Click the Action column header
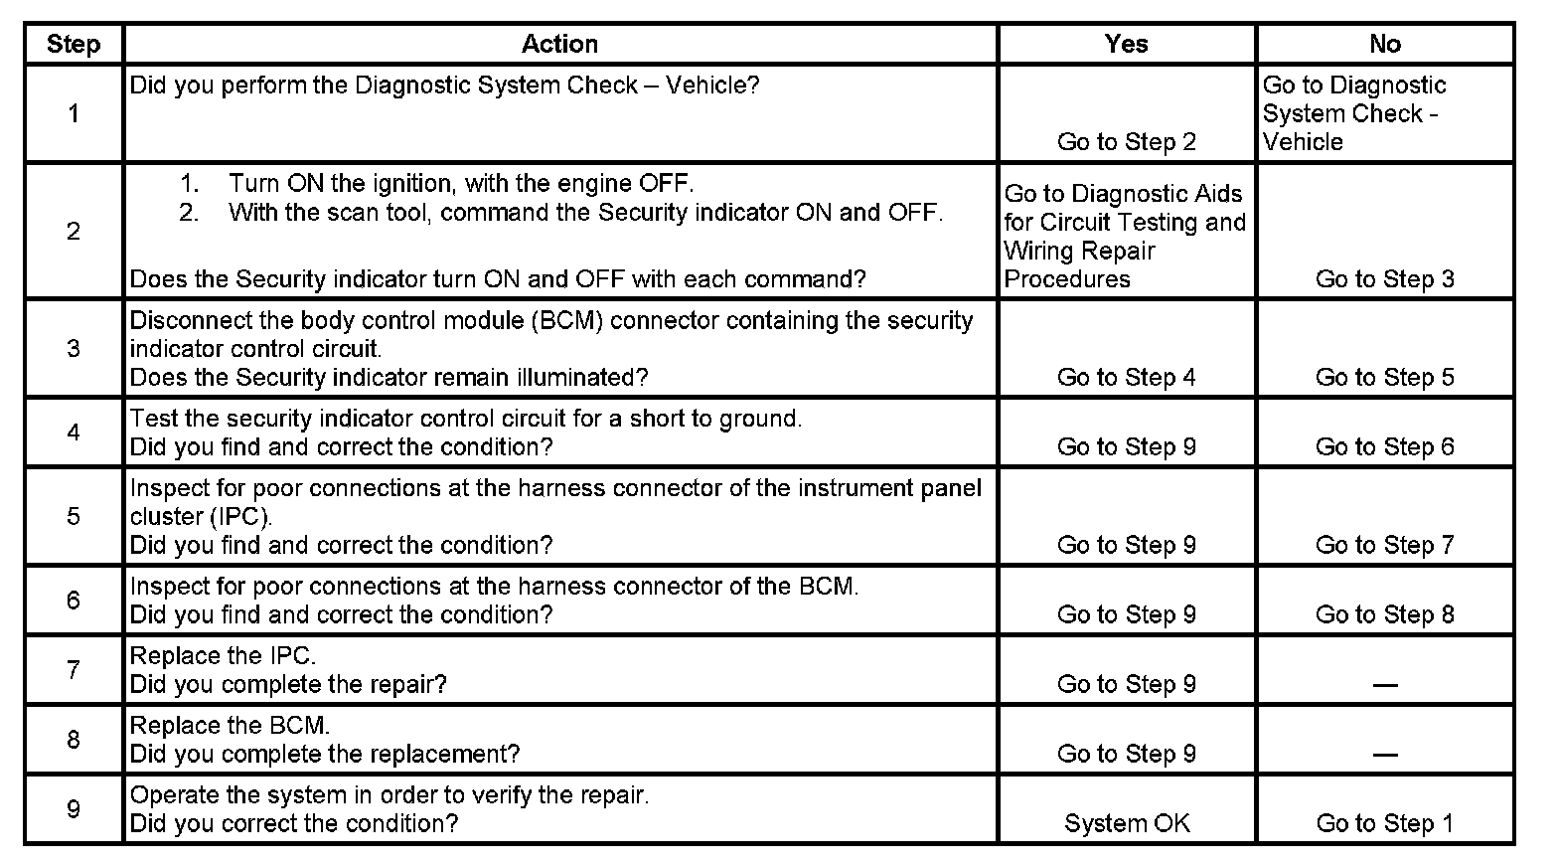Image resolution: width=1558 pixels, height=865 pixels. (559, 44)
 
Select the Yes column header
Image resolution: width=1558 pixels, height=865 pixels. (1126, 44)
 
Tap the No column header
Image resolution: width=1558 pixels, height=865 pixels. (1384, 44)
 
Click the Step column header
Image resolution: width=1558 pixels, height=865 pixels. (74, 44)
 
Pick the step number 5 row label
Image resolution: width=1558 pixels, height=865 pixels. (74, 516)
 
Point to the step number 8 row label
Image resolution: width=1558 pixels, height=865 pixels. (74, 739)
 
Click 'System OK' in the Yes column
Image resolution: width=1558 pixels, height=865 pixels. (1127, 823)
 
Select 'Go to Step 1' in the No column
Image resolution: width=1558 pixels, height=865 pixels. (1384, 823)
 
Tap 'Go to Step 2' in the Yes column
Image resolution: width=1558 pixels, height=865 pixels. (1127, 142)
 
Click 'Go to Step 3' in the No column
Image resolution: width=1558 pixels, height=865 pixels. (1384, 279)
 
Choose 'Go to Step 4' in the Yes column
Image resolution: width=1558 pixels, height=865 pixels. (1127, 378)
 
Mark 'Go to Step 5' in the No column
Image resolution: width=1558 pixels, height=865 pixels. (1384, 378)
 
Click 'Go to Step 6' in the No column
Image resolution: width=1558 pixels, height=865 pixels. (1384, 447)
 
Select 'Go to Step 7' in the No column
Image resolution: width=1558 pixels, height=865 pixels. (1384, 545)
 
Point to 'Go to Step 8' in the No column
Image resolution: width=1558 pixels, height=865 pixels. (1384, 614)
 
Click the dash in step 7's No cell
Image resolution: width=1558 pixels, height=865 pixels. (1384, 685)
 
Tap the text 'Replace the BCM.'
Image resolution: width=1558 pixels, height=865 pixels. (230, 725)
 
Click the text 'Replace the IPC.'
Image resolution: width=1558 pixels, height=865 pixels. (223, 656)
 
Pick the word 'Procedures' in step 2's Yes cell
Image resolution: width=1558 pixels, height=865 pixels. (1067, 279)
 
